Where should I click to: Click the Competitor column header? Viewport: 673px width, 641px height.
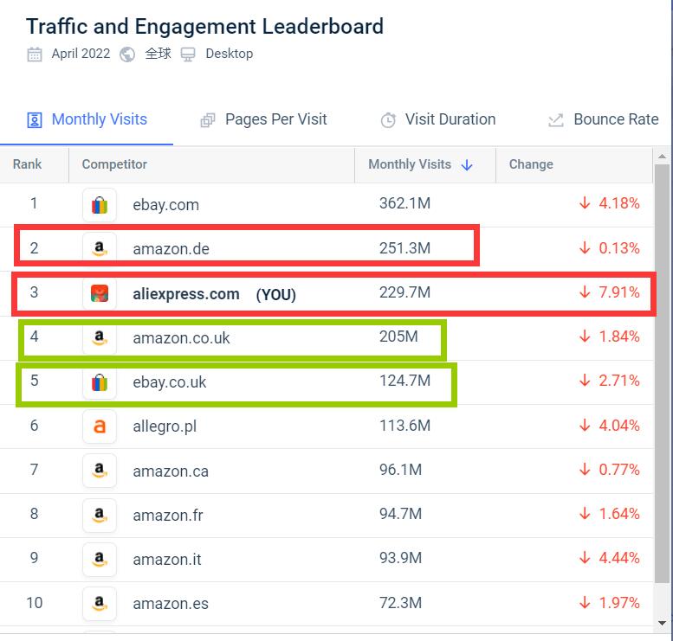pos(114,164)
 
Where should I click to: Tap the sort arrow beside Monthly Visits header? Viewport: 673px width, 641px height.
pos(467,165)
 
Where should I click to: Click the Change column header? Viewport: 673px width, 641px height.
pos(531,164)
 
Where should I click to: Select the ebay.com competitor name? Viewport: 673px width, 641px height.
pos(165,205)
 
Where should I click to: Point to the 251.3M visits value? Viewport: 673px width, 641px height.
pos(404,248)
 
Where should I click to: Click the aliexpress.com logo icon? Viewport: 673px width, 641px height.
pos(100,293)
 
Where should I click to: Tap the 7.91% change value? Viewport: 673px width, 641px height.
pos(618,292)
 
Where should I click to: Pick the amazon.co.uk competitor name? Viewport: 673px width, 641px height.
pos(181,338)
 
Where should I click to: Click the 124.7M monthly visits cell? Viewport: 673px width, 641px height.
pos(404,381)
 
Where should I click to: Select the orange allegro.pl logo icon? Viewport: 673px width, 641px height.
pos(100,426)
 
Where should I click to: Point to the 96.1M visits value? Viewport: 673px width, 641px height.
pos(400,470)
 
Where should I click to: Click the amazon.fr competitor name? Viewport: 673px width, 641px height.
pos(167,515)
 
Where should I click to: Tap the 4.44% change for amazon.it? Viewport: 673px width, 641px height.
pos(618,558)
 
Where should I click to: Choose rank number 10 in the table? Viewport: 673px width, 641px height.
pos(34,602)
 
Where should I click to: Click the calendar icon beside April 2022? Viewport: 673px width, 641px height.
pos(35,54)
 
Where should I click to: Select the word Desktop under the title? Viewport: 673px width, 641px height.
pos(229,54)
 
